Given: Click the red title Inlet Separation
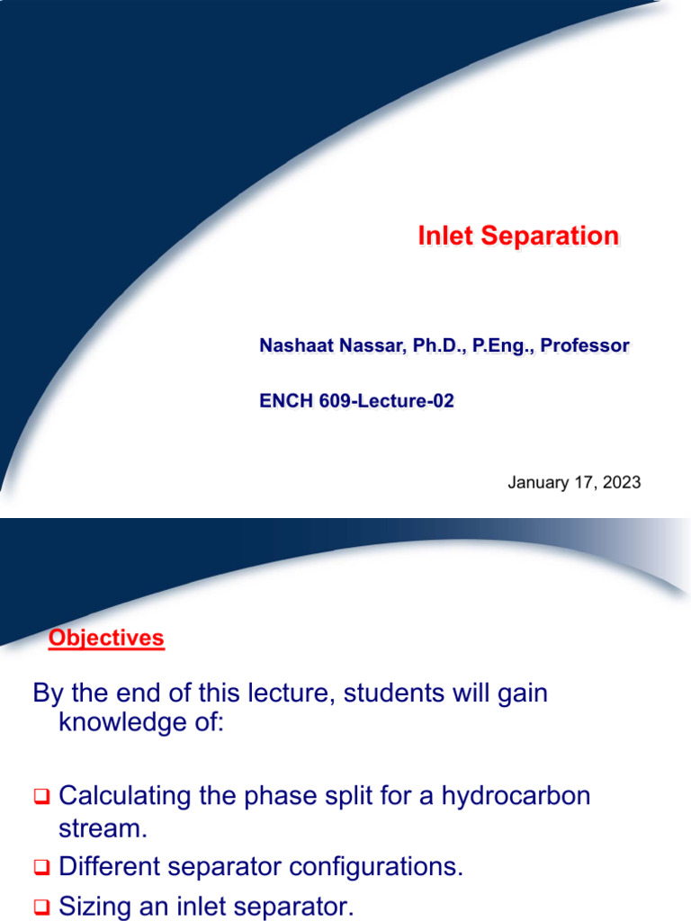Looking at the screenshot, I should tap(518, 237).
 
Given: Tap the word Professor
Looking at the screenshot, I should tap(587, 345).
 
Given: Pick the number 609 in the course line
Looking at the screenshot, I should tap(333, 401).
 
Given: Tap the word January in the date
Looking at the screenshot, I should tap(537, 482).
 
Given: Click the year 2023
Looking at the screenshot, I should tap(622, 482).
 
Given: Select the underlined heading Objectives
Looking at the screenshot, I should tap(106, 639).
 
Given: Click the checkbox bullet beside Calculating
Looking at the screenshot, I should tap(41, 797).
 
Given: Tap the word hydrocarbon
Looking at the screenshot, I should tap(516, 796).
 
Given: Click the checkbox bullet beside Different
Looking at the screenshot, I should tap(41, 868).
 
